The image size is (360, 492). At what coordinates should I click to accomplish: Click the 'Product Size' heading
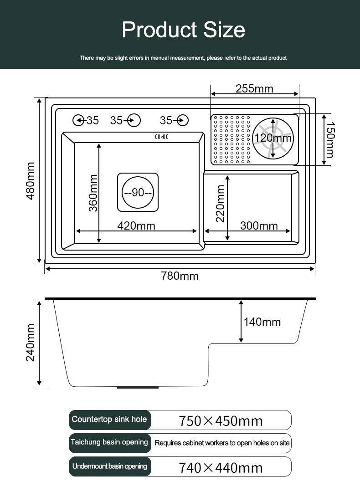pos(183,30)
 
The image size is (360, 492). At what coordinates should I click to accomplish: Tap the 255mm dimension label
pos(254,88)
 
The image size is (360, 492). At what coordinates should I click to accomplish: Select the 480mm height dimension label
pos(31,181)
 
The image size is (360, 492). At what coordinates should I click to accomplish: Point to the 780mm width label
pos(180,276)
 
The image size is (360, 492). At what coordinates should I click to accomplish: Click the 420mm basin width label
pos(136,225)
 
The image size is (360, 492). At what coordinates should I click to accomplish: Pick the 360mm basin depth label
pos(93,193)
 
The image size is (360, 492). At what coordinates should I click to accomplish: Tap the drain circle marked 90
pos(138,192)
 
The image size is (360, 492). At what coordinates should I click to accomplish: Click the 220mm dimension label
pos(221,204)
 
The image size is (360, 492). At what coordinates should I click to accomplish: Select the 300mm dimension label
pos(259,225)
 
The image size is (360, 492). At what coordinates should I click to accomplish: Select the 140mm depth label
pos(262,322)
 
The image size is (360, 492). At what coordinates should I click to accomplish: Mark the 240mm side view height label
pos(31,343)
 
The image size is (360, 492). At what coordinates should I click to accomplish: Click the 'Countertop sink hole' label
pos(109,419)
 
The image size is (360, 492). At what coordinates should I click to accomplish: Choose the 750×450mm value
pos(221,421)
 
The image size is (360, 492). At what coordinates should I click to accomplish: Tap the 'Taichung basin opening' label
pos(109,442)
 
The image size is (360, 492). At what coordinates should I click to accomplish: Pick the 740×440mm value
pos(221,467)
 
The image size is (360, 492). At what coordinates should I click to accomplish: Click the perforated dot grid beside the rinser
pos(231,140)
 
